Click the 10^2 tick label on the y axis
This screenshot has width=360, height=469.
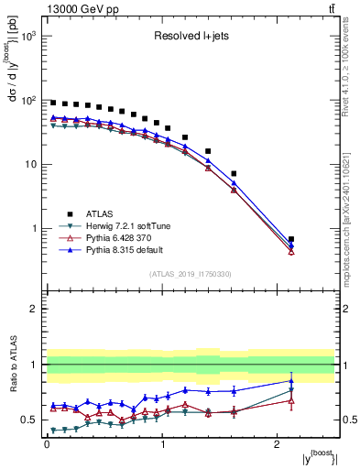click(28, 101)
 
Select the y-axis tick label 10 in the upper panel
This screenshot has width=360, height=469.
click(30, 165)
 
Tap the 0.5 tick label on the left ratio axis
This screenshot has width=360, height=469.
click(30, 420)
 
